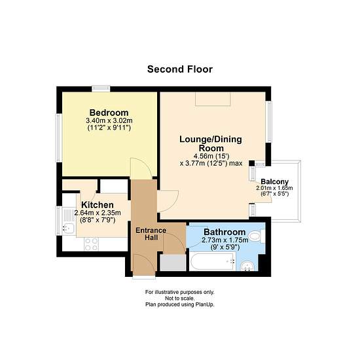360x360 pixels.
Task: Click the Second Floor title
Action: pyautogui.click(x=180, y=69)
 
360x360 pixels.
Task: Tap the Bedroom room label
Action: pyautogui.click(x=109, y=113)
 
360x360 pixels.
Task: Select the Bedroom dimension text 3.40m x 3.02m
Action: pyautogui.click(x=109, y=120)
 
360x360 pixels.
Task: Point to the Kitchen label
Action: pyautogui.click(x=98, y=205)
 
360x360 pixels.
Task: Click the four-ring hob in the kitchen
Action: pyautogui.click(x=92, y=244)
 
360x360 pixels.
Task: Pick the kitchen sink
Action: pyautogui.click(x=69, y=228)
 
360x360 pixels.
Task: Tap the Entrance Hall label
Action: pyautogui.click(x=151, y=234)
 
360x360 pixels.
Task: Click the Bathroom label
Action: pyautogui.click(x=225, y=232)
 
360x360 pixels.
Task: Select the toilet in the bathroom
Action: pyautogui.click(x=257, y=236)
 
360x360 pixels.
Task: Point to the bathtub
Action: pyautogui.click(x=213, y=262)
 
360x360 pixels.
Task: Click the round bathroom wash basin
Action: pyautogui.click(x=247, y=266)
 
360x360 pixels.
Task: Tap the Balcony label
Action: pyautogui.click(x=275, y=181)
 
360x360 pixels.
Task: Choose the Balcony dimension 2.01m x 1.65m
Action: pyautogui.click(x=274, y=188)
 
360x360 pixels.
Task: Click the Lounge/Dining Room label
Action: pyautogui.click(x=211, y=143)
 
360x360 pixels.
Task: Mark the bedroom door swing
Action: pyautogui.click(x=141, y=168)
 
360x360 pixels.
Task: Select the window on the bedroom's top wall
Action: pyautogui.click(x=101, y=88)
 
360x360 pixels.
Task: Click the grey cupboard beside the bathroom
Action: pyautogui.click(x=173, y=262)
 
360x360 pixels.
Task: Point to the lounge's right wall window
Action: pyautogui.click(x=268, y=122)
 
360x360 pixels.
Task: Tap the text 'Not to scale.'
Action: pyautogui.click(x=180, y=298)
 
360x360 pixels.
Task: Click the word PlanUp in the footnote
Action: pyautogui.click(x=205, y=304)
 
